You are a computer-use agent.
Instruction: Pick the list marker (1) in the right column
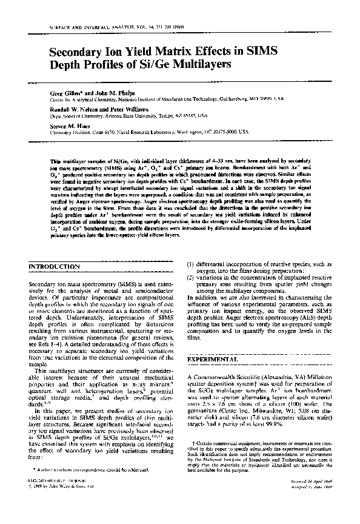190,264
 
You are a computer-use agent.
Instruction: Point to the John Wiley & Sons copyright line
59,503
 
